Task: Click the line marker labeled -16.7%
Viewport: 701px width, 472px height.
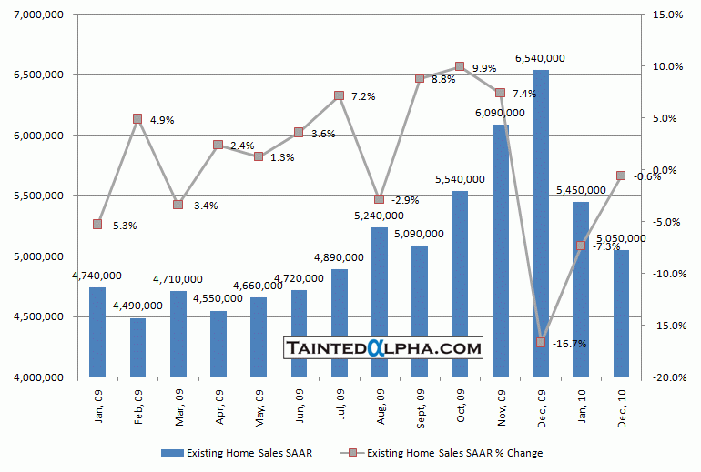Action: [541, 342]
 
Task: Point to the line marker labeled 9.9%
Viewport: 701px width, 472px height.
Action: [460, 66]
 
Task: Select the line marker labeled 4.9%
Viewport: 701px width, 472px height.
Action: [137, 118]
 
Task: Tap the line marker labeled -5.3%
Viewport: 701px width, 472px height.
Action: [97, 224]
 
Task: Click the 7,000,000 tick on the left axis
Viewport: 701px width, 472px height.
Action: [37, 14]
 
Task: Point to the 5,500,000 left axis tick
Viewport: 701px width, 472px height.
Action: [37, 196]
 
